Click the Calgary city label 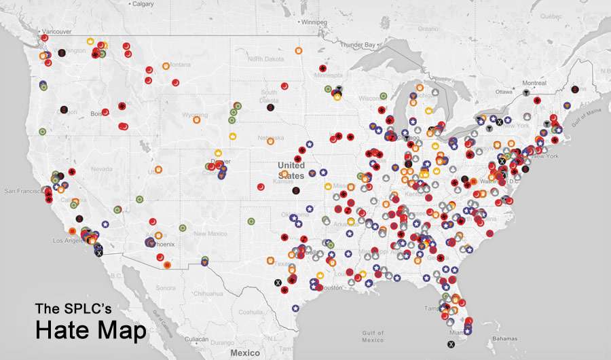pyautogui.click(x=143, y=4)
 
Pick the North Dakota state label pyautogui.click(x=265, y=60)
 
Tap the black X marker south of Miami pyautogui.click(x=461, y=345)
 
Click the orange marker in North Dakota pyautogui.click(x=298, y=51)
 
